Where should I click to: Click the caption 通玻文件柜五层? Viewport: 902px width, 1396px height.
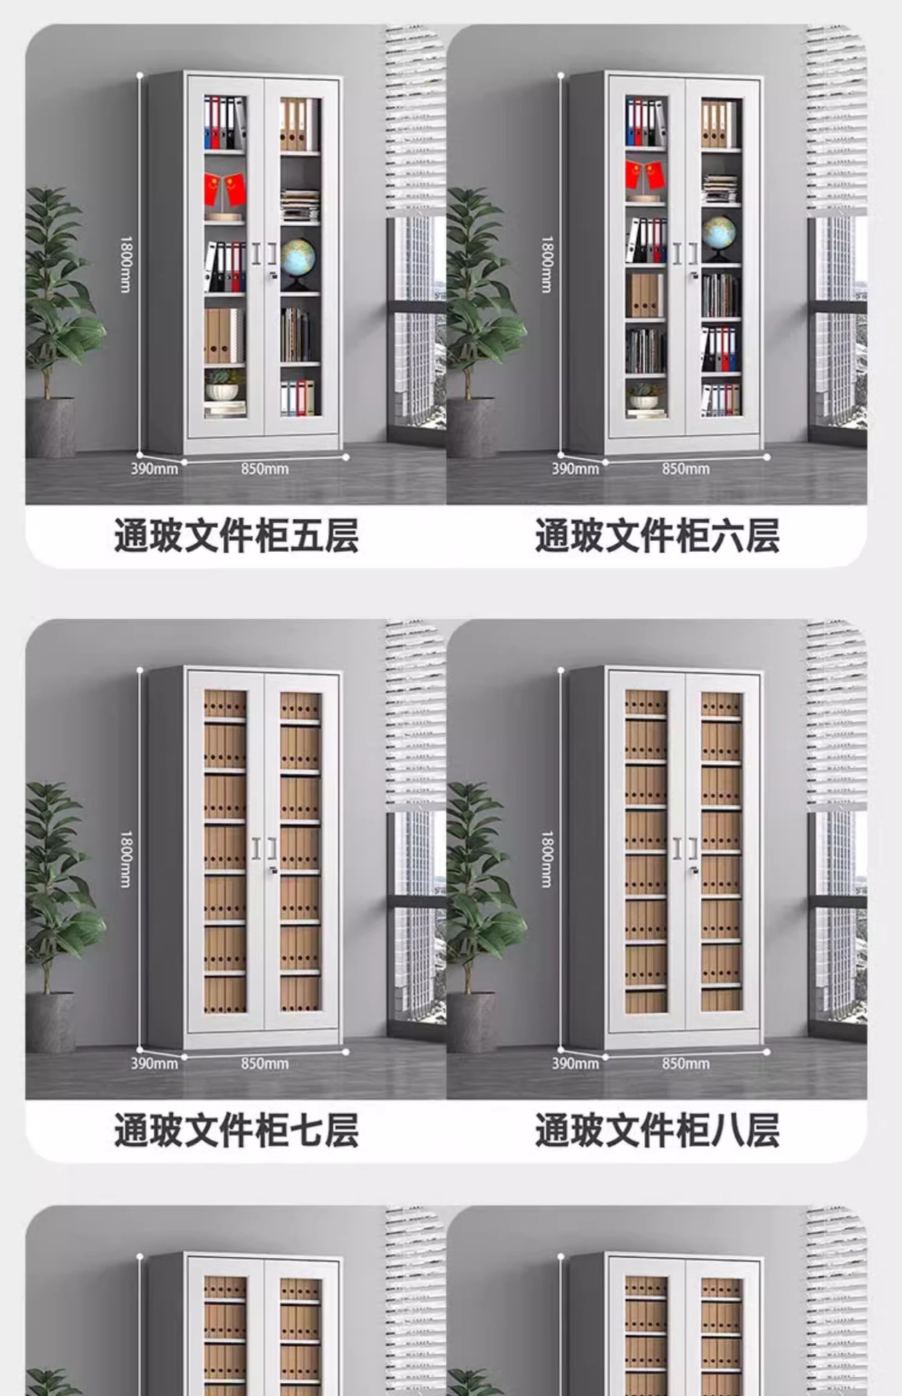(236, 536)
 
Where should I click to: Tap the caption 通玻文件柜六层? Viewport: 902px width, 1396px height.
(657, 536)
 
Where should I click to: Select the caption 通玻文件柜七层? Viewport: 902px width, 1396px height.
(236, 1131)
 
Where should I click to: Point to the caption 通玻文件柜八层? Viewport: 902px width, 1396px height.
(657, 1131)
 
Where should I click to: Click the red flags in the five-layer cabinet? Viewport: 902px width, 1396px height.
(225, 190)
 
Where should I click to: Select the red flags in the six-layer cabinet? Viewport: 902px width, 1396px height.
(645, 176)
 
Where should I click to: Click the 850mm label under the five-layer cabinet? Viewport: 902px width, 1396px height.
(265, 469)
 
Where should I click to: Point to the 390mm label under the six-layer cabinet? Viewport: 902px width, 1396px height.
(575, 469)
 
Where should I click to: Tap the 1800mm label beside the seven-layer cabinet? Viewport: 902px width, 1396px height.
(126, 859)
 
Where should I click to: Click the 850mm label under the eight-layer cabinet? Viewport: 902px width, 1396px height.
(685, 1064)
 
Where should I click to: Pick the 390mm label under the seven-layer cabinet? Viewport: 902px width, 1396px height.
(154, 1064)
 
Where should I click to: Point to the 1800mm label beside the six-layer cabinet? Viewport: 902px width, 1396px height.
(547, 265)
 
